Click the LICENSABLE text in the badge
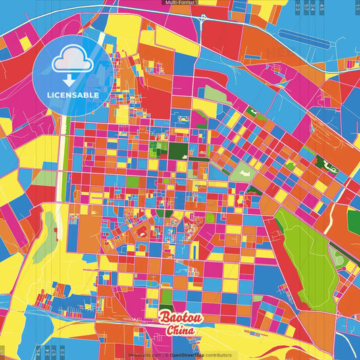(73, 95)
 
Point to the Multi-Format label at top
(180, 3)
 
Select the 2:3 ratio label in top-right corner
(298, 7)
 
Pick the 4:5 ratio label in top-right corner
(322, 7)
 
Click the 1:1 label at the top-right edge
(355, 7)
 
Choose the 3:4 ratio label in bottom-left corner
(45, 352)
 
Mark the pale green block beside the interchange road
(215, 94)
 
